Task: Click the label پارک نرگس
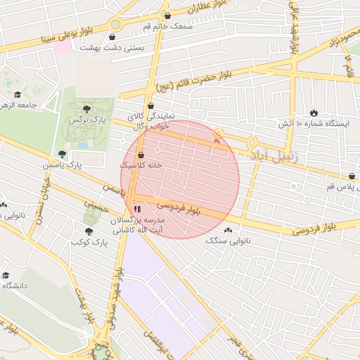[x=81, y=121]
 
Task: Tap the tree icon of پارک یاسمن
[x=63, y=153]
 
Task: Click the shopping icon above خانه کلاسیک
[x=141, y=155]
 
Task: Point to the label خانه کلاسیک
[x=141, y=165]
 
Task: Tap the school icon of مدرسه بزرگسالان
[x=136, y=209]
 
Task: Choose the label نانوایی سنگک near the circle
[x=229, y=240]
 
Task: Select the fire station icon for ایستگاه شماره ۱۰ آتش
[x=314, y=112]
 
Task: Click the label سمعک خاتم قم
[x=167, y=26]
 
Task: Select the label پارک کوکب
[x=87, y=242]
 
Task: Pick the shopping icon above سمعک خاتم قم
[x=167, y=15]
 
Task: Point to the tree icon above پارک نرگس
[x=86, y=109]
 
